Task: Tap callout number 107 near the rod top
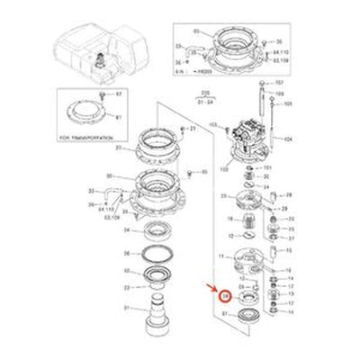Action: pos(279,83)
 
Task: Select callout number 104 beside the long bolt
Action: pos(289,139)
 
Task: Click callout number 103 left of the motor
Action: pos(213,123)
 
